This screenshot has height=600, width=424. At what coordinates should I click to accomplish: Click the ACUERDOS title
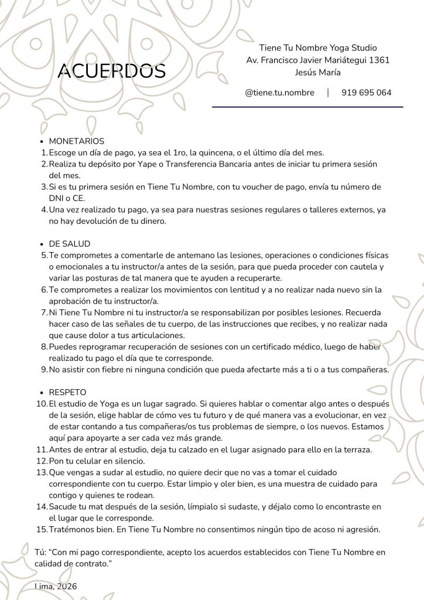click(112, 71)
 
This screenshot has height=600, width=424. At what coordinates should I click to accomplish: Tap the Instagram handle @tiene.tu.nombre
click(279, 93)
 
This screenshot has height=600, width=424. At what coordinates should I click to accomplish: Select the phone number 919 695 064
click(366, 93)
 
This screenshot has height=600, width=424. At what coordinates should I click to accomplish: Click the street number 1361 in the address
click(377, 60)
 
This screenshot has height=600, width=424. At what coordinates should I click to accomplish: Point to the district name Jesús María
click(318, 72)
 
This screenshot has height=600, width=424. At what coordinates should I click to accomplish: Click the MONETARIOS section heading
click(77, 141)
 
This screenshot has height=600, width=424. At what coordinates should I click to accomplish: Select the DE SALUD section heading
click(70, 243)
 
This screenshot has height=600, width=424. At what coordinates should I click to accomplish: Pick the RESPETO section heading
click(68, 391)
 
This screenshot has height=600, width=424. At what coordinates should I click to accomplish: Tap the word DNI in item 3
click(57, 198)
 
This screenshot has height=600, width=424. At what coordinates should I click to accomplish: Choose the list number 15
click(42, 529)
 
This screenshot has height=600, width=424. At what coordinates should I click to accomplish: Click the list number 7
click(45, 312)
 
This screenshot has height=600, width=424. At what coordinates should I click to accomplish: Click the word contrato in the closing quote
click(93, 562)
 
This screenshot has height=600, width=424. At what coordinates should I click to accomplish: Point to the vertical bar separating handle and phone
click(328, 93)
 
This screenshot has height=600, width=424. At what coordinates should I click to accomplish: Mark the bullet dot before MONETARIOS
click(41, 142)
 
